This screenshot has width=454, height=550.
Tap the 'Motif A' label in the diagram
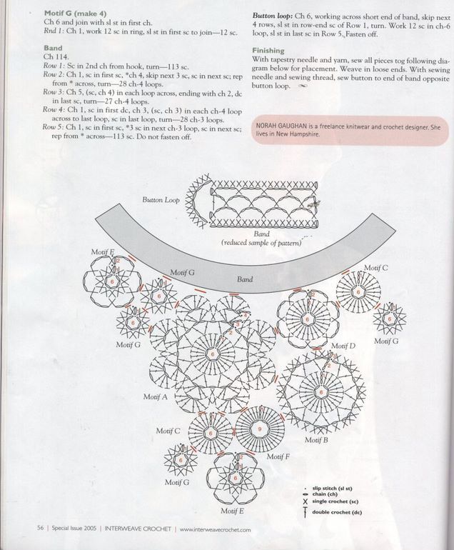point(155,396)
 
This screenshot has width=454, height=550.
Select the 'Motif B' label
point(316,440)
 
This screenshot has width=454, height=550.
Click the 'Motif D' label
point(343,346)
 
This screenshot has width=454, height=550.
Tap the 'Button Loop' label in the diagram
point(161,201)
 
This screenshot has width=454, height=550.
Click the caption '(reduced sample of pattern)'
point(263,243)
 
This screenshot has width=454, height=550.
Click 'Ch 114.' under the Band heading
point(55,56)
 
